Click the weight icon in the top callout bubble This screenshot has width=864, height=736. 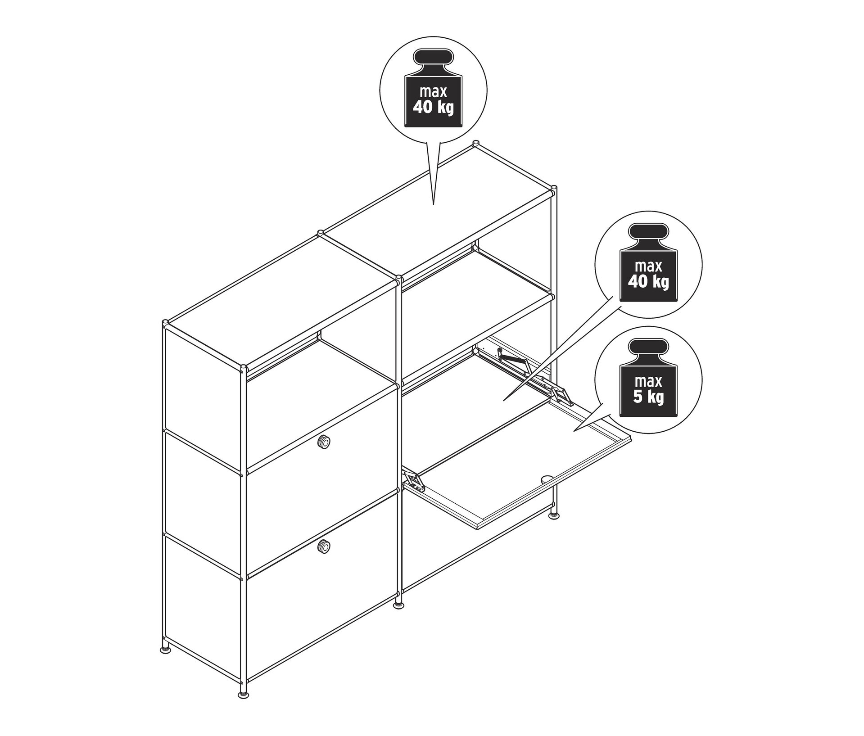[433, 88]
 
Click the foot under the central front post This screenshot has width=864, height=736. [398, 604]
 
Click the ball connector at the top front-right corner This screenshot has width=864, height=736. [553, 190]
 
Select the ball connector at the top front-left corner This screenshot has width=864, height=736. [243, 369]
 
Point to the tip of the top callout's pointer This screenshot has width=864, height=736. [433, 205]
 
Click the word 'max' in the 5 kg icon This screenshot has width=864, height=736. [648, 382]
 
